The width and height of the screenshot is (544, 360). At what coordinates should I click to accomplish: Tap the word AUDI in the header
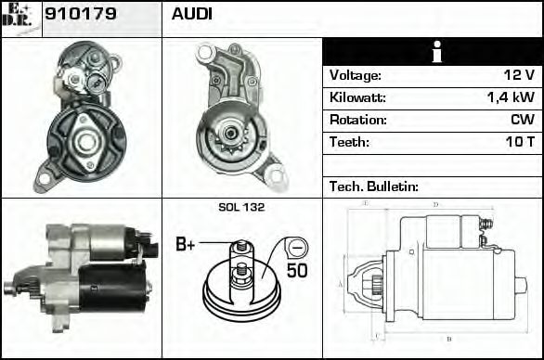[191, 15]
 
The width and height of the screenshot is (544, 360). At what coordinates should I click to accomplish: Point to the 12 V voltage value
[517, 75]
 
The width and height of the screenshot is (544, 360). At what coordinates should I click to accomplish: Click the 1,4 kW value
[510, 97]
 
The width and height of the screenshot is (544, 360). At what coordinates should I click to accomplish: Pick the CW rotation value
[522, 120]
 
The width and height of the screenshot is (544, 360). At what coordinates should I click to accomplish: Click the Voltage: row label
[355, 75]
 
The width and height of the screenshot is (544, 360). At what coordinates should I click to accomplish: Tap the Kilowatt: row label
[357, 97]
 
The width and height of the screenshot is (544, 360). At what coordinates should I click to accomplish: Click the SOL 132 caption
[241, 208]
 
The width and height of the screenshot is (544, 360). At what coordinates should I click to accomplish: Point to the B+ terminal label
[186, 245]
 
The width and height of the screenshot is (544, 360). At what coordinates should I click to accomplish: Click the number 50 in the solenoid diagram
[297, 271]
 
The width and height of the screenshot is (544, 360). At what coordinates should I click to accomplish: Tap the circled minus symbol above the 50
[297, 248]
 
